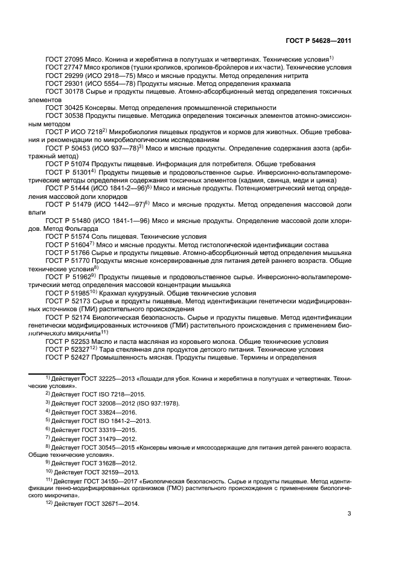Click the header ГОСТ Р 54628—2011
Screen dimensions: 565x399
[319, 40]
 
